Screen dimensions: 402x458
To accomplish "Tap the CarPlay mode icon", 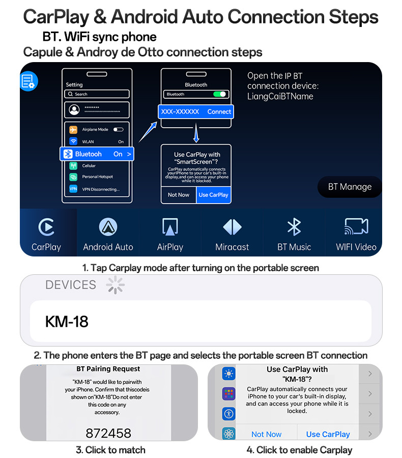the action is pos(46,227).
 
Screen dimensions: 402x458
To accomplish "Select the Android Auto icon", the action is pos(108,227).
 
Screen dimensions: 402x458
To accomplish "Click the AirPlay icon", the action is pos(170,227).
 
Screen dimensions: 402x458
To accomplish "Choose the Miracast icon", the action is pos(232,227).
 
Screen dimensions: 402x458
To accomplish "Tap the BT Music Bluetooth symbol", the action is pos(294,227).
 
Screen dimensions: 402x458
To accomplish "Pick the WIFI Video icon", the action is pos(356,226).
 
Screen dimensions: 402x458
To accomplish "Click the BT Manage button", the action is pos(350,187).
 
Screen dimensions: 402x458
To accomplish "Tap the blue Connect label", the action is pos(219,111).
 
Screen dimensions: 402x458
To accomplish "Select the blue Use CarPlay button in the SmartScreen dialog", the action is pos(214,195).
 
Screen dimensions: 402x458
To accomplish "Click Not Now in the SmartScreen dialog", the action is pos(179,195).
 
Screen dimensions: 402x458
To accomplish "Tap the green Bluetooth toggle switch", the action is pos(219,94).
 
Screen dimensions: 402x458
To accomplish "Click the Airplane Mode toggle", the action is pos(119,129).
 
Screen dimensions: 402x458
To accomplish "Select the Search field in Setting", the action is pos(97,94).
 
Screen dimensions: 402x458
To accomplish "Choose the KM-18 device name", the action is pos(67,322).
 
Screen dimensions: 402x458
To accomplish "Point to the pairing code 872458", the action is pos(108,433).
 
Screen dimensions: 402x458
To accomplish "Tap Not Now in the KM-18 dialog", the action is pos(267,435).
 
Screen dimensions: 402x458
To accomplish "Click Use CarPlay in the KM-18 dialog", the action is pos(328,435).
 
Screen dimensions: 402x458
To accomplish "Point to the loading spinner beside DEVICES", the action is pos(116,285).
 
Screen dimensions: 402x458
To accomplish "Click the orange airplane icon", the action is pos(73,129).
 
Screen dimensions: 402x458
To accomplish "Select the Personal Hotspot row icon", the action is pos(73,177).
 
